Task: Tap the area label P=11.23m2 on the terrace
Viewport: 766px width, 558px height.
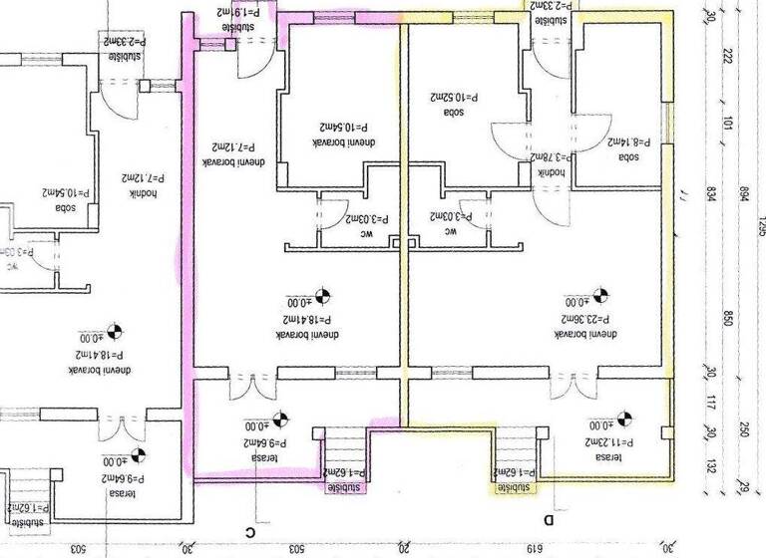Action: pyautogui.click(x=603, y=441)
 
